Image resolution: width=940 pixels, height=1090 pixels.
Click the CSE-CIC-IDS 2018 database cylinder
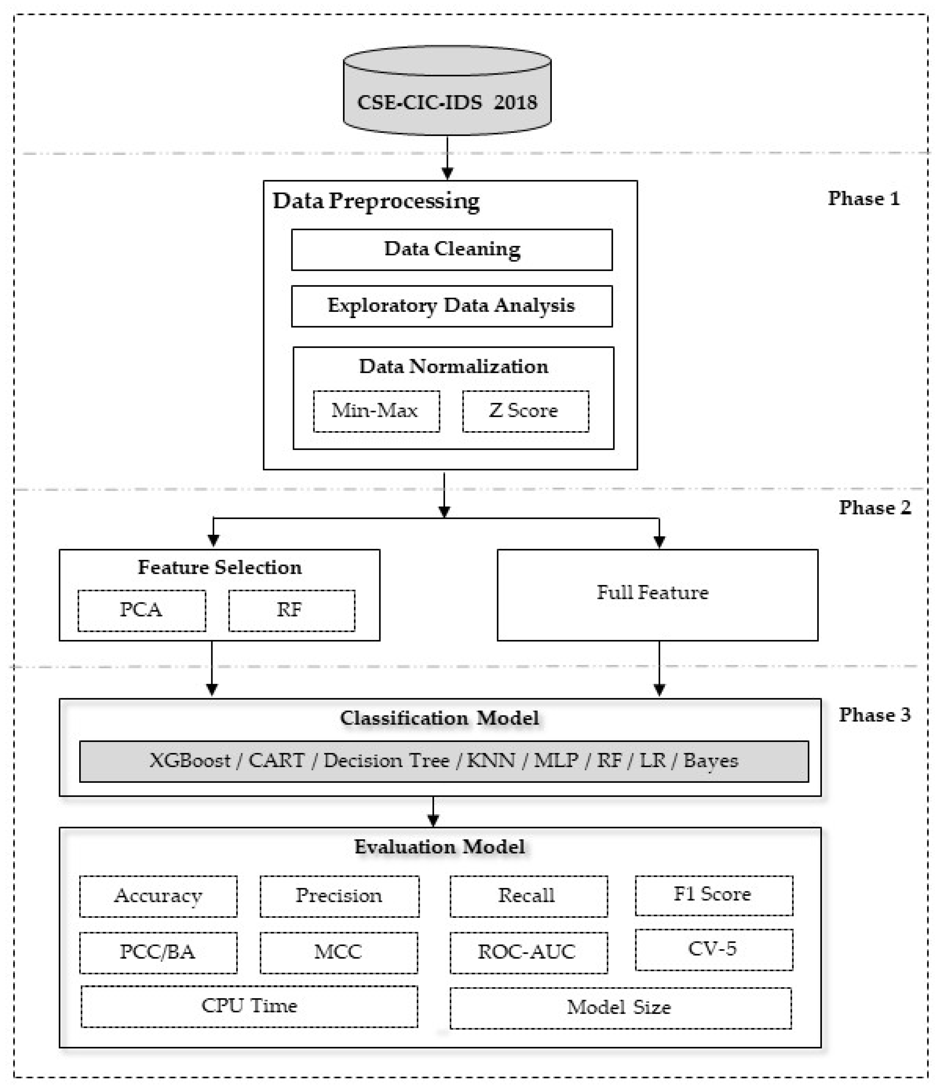pos(447,95)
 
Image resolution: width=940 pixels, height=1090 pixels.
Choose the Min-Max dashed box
pos(376,411)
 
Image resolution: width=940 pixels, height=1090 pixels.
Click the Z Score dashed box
pos(525,411)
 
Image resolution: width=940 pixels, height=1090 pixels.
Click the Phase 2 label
pos(874,508)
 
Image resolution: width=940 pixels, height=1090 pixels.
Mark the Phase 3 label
pos(874,715)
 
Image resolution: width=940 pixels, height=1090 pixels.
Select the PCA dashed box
pos(142,610)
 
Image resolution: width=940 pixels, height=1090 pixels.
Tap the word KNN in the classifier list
pos(491,761)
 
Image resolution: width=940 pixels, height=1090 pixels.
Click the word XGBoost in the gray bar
pos(190,761)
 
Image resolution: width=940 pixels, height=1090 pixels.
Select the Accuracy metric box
pos(158,896)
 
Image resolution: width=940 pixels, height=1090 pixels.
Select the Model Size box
pos(620,1008)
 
